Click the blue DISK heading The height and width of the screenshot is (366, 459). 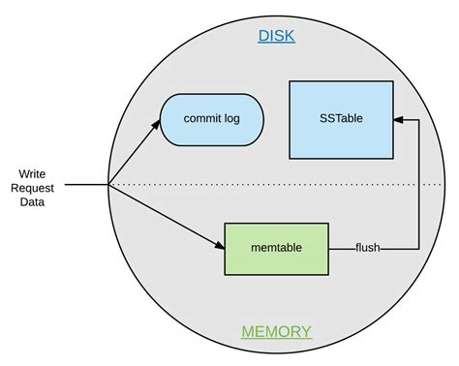point(276,37)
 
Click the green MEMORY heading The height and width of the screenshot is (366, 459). point(276,332)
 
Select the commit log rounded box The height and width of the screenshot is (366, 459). point(211,120)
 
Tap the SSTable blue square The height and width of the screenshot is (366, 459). point(341,120)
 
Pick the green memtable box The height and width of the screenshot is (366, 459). point(276,248)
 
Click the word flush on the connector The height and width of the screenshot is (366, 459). point(367,248)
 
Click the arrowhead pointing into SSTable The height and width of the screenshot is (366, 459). point(398,120)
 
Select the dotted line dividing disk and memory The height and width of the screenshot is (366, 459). point(291,184)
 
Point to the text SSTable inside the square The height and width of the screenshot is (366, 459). point(341,120)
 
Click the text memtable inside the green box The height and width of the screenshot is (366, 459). point(276,248)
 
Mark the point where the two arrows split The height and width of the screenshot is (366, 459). point(109,184)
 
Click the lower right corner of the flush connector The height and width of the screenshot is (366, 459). point(417,248)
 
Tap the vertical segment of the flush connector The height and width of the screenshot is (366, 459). point(417,184)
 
